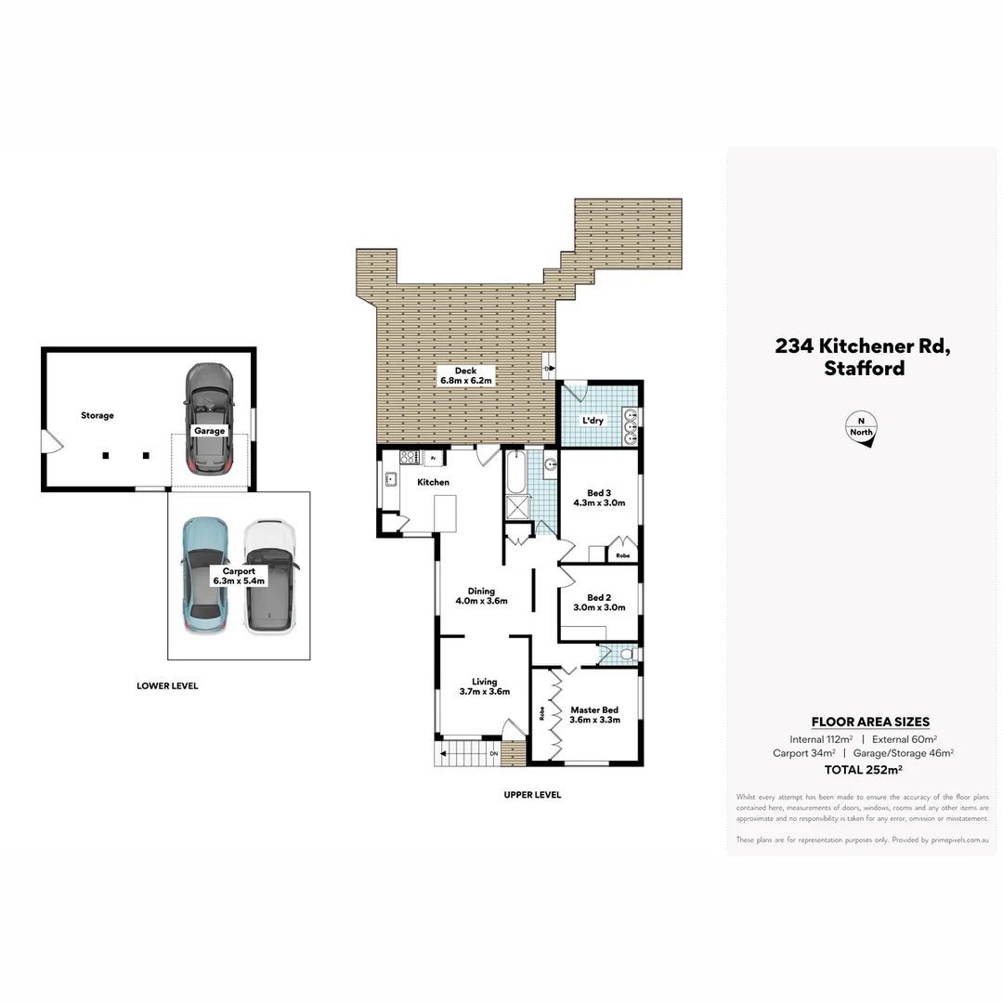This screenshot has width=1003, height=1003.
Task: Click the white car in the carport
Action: click(269, 577)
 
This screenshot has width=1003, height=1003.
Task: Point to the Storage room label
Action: click(97, 415)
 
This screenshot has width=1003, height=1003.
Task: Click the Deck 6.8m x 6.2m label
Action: click(466, 375)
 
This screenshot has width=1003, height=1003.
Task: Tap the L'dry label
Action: click(593, 421)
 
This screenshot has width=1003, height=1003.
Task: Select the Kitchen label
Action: click(433, 482)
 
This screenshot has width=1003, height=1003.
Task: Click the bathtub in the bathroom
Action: click(515, 471)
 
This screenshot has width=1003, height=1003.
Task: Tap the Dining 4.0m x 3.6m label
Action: click(481, 595)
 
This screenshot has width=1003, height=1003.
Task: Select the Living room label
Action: click(484, 686)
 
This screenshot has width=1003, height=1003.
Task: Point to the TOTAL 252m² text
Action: click(864, 769)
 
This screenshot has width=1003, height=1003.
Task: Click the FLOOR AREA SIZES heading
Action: click(870, 722)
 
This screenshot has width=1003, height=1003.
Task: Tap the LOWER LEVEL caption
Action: click(167, 686)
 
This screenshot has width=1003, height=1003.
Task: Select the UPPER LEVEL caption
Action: click(532, 795)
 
